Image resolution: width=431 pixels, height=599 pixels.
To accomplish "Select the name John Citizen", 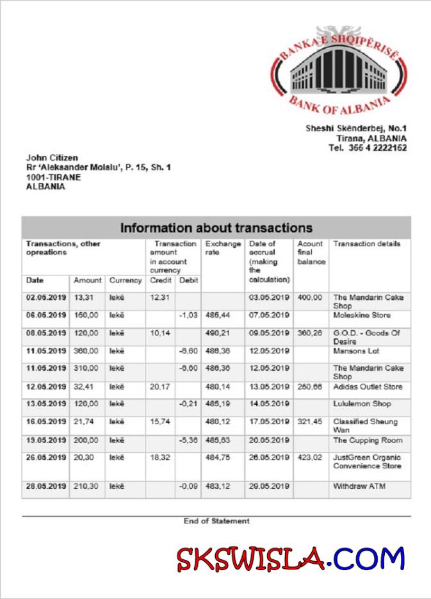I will [x=52, y=158].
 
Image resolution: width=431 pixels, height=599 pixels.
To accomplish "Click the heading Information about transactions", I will [x=216, y=228].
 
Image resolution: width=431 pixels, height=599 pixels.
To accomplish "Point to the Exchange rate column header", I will [x=223, y=248].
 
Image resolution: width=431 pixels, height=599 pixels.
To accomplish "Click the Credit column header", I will [x=160, y=281].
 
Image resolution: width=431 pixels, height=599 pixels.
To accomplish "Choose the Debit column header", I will [x=188, y=281].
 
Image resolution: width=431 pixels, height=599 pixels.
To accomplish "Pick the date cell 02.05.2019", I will [x=46, y=298].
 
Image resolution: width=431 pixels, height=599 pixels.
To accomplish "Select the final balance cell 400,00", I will [x=311, y=298].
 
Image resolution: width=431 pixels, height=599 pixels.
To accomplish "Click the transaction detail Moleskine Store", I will [x=361, y=315].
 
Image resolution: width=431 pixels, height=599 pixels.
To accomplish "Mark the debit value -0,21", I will [x=188, y=404].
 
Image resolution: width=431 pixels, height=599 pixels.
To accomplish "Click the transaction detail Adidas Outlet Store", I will [x=368, y=387].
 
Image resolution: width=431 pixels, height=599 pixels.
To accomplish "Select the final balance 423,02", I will [x=311, y=458].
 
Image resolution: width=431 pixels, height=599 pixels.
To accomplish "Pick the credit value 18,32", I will [x=160, y=458].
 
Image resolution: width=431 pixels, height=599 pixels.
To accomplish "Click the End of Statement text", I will [x=216, y=521].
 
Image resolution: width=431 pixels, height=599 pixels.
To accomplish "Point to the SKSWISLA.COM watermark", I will [x=291, y=559].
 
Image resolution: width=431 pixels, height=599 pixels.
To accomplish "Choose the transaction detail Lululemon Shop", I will [x=362, y=404].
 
